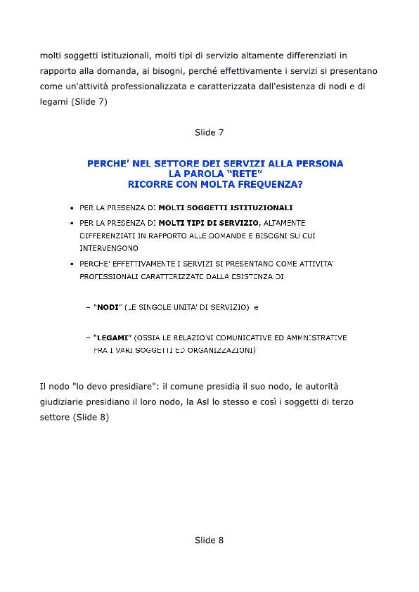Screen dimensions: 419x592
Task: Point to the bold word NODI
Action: tap(107, 308)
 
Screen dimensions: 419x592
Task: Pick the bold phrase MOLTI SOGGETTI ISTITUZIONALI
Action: tap(225, 207)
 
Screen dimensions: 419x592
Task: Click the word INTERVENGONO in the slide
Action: tap(109, 248)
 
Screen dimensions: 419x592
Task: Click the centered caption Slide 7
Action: tap(209, 133)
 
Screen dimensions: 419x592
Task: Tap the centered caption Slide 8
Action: tap(209, 540)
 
